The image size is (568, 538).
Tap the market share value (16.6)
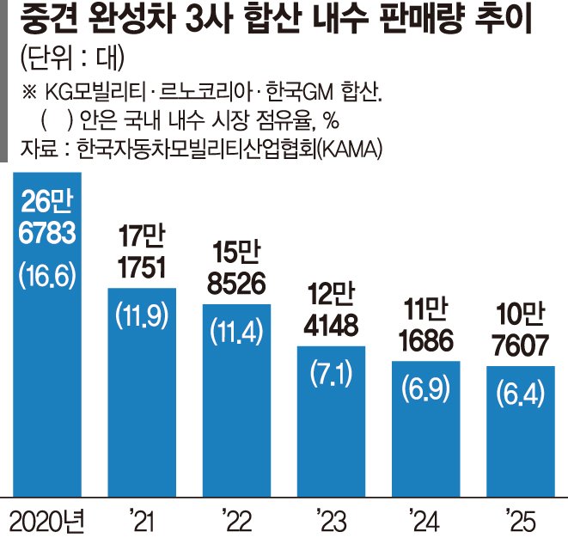[x=47, y=276]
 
